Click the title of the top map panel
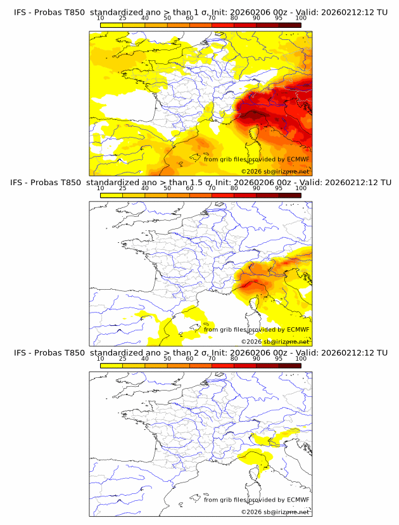200,12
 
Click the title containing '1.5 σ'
200,182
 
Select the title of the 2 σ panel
200,353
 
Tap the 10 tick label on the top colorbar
100,19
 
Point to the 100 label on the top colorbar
301,19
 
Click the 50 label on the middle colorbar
167,188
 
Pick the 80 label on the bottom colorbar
234,359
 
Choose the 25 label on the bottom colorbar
122,359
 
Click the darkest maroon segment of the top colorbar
289,25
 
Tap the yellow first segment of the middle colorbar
111,195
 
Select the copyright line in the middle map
275,341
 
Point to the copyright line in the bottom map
275,512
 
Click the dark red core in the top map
257,115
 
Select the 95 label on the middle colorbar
279,188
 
